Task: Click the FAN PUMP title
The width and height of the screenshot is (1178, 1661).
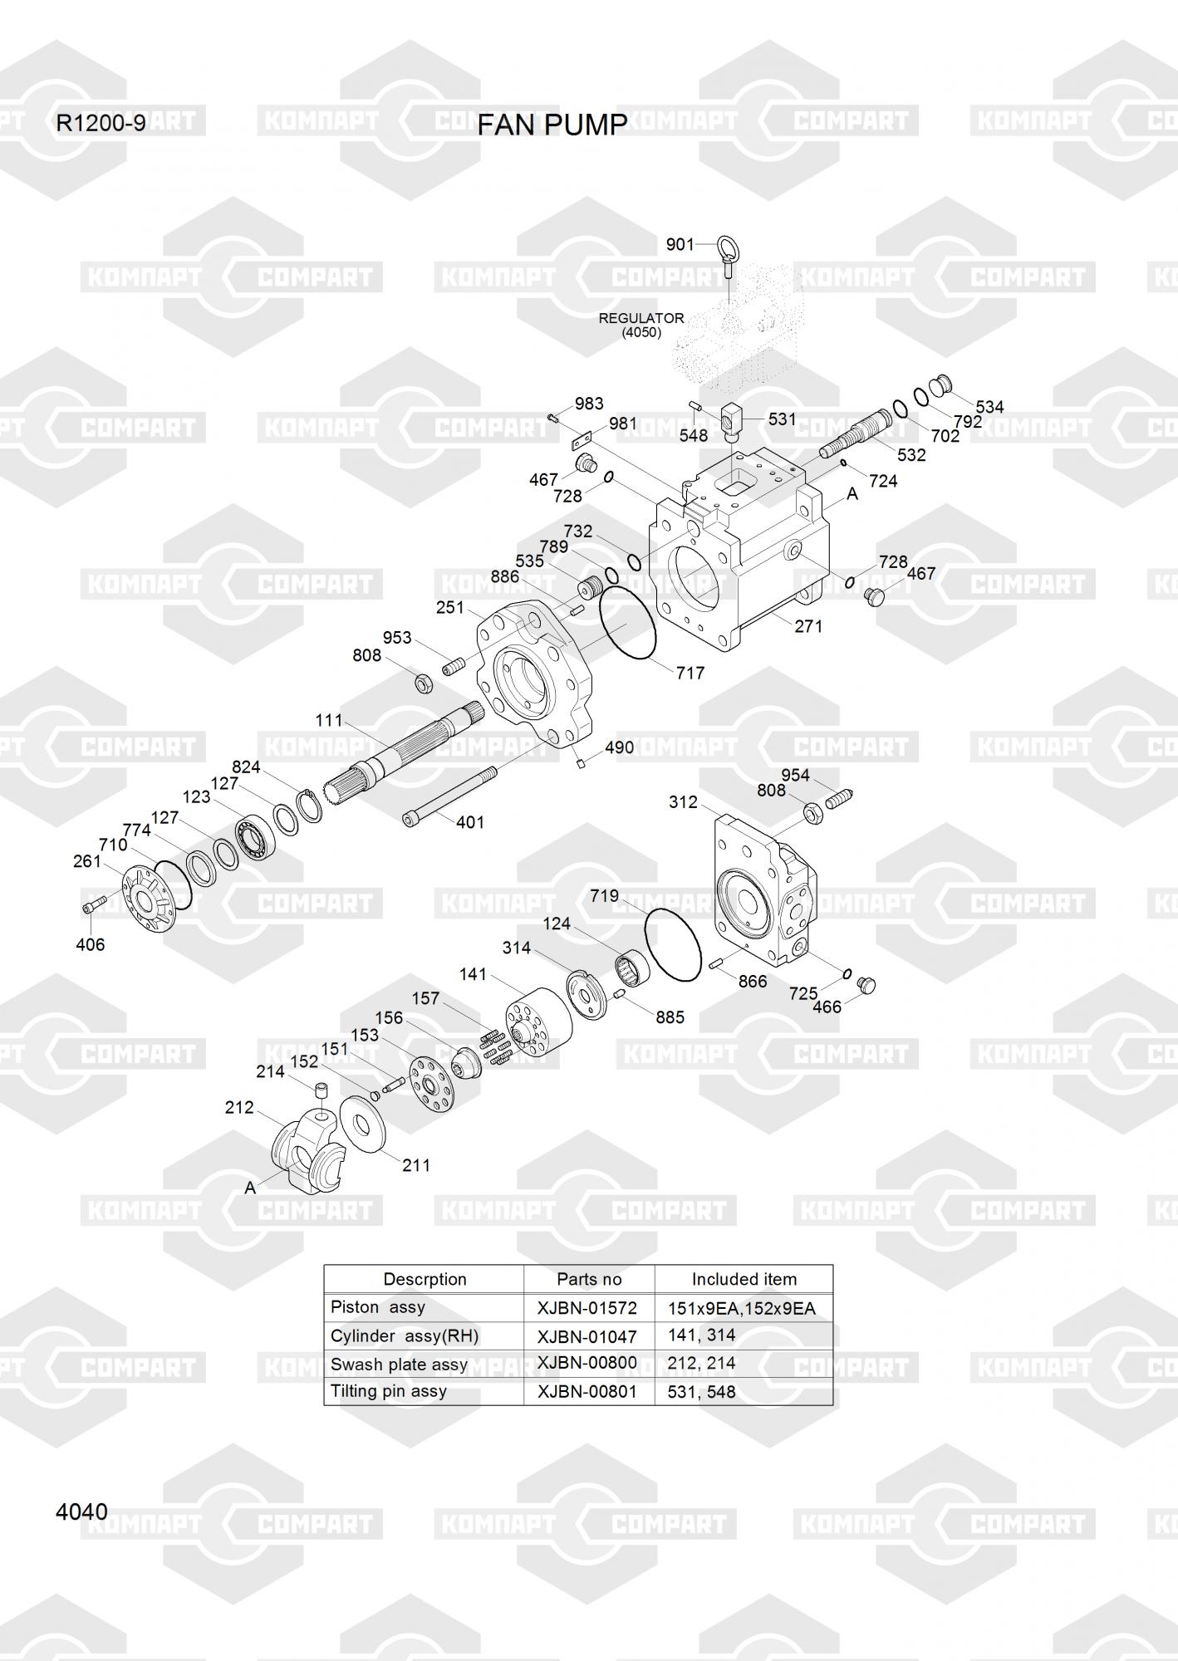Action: pyautogui.click(x=552, y=125)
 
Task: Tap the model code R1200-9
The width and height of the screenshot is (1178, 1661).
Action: pyautogui.click(x=101, y=124)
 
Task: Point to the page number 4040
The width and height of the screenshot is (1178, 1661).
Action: pyautogui.click(x=81, y=1512)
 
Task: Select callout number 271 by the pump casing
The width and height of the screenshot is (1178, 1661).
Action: pyautogui.click(x=807, y=626)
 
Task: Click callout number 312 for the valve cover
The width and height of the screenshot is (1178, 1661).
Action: pyautogui.click(x=683, y=802)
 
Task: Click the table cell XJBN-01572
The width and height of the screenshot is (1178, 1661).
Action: pyautogui.click(x=587, y=1308)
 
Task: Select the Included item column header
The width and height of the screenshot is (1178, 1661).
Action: pyautogui.click(x=744, y=1279)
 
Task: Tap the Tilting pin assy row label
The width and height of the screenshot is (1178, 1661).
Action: pyautogui.click(x=389, y=1391)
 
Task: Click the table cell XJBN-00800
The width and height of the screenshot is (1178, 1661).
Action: pyautogui.click(x=587, y=1363)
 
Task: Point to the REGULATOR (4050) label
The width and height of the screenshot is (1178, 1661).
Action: pyautogui.click(x=641, y=325)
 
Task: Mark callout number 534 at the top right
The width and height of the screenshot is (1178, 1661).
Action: pyautogui.click(x=989, y=407)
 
